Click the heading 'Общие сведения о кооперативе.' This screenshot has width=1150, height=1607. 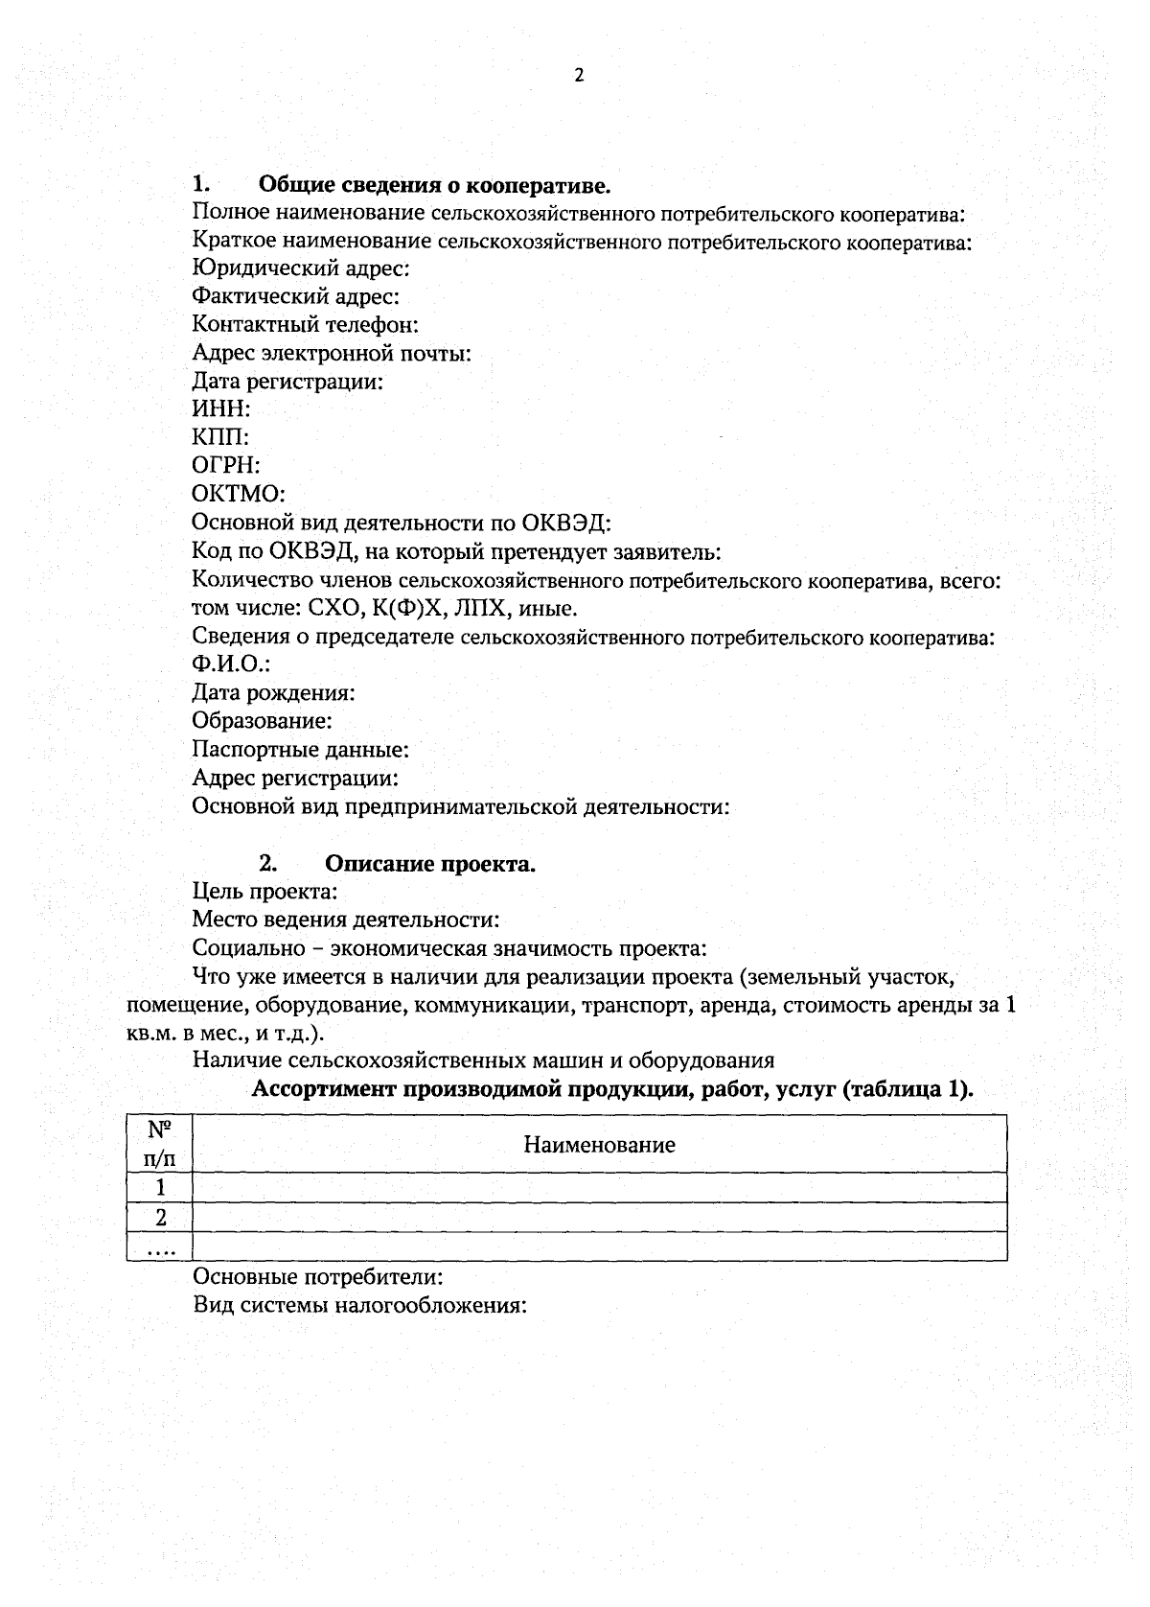(x=435, y=184)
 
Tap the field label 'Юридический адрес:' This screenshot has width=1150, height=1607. (x=301, y=269)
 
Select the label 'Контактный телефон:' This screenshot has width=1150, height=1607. (x=305, y=325)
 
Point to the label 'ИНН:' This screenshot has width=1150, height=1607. (x=220, y=409)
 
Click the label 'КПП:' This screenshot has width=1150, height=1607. (x=220, y=438)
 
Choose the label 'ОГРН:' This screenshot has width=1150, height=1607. (x=226, y=466)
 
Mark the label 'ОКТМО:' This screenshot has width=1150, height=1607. (x=239, y=495)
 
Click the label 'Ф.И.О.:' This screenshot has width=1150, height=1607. (x=231, y=664)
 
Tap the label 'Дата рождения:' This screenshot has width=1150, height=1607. (x=273, y=692)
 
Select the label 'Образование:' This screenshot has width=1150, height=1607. (x=262, y=720)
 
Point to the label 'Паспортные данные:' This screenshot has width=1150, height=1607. (x=301, y=749)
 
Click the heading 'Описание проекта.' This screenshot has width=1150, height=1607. (x=430, y=864)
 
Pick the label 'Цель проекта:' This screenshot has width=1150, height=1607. (x=264, y=893)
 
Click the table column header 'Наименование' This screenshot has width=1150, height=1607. (x=599, y=1145)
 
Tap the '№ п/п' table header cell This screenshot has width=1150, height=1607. (x=160, y=1143)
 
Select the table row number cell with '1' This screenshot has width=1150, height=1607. (x=160, y=1188)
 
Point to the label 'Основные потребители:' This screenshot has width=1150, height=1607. (x=317, y=1278)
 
